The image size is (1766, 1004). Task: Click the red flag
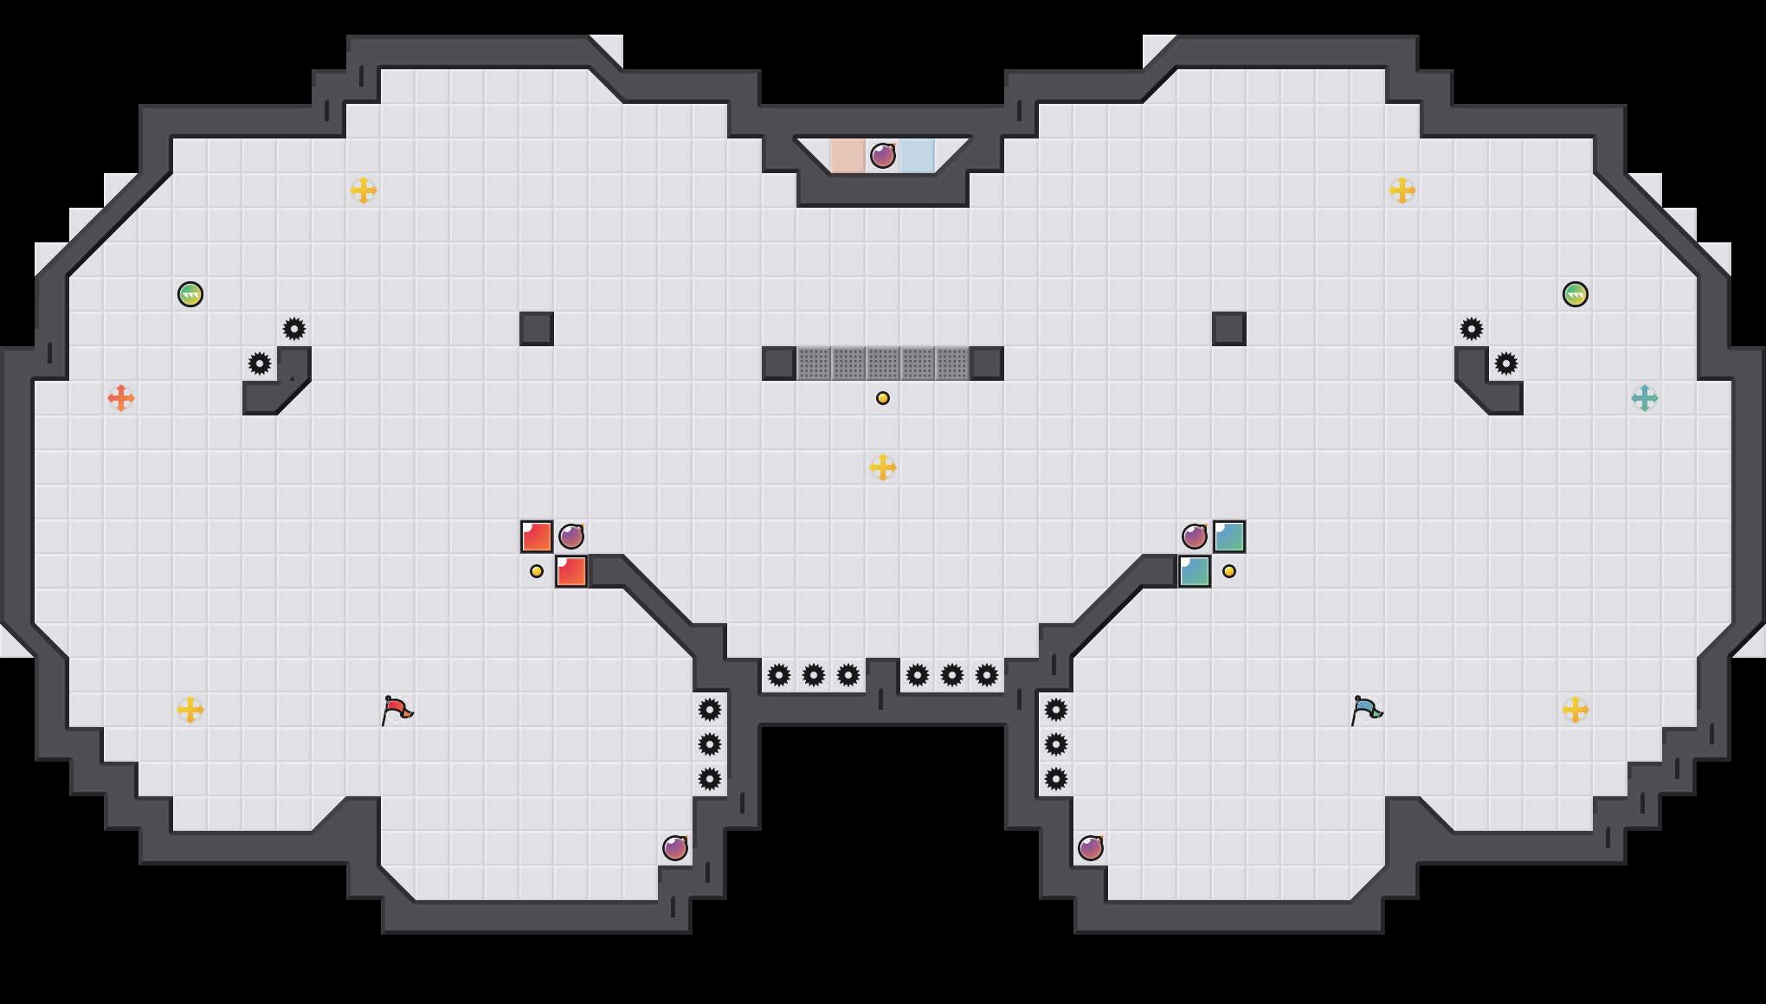click(396, 710)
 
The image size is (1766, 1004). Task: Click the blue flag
click(1366, 710)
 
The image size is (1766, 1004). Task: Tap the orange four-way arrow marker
click(121, 398)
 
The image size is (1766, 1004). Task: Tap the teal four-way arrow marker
click(1644, 398)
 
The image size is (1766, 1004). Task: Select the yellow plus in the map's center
click(883, 467)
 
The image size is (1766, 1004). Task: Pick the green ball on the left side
click(190, 294)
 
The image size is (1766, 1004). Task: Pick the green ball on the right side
click(1576, 294)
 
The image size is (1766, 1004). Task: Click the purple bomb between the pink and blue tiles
click(883, 156)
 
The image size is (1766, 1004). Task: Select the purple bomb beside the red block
click(571, 537)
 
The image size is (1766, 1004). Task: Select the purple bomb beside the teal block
click(1195, 537)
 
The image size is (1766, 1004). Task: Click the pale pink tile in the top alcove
click(848, 156)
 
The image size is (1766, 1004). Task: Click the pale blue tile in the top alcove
click(918, 156)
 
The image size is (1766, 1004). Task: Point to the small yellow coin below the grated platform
click(883, 398)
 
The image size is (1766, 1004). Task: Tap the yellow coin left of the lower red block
click(537, 571)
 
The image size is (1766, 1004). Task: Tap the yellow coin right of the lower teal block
click(1229, 571)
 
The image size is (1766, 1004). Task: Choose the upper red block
click(537, 537)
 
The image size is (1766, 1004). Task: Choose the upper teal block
click(1229, 537)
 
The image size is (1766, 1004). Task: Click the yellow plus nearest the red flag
click(190, 710)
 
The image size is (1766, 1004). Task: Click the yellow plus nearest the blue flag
click(1576, 710)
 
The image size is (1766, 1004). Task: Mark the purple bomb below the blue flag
click(1091, 848)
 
